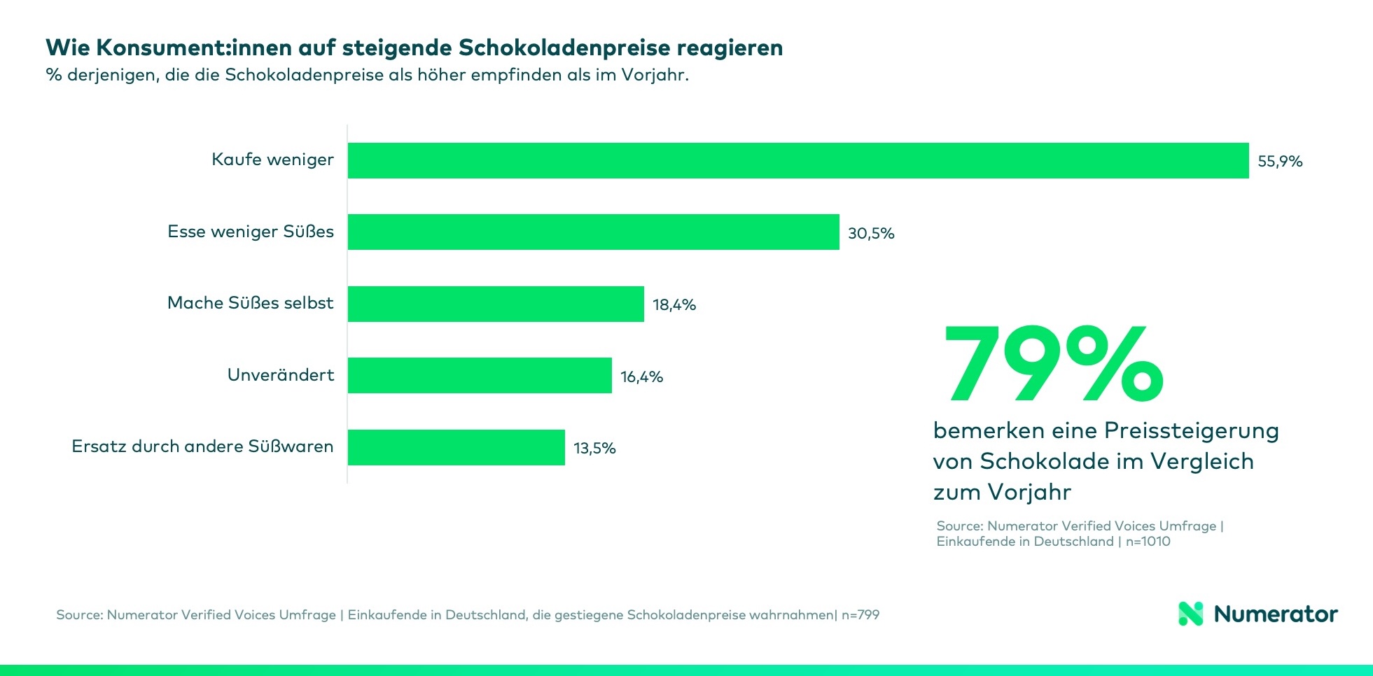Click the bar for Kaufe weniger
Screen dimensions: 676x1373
click(x=798, y=160)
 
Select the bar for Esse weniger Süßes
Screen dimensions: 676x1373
click(x=593, y=232)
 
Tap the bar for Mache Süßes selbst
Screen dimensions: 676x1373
click(x=496, y=304)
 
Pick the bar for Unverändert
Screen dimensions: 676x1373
click(x=480, y=375)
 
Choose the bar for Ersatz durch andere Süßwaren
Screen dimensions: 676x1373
click(x=456, y=447)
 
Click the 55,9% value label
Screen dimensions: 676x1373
click(x=1279, y=162)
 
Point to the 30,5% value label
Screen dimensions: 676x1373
click(x=870, y=234)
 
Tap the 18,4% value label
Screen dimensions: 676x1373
click(x=674, y=305)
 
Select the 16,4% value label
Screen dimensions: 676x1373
click(x=641, y=377)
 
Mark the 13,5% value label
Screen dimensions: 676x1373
click(x=594, y=449)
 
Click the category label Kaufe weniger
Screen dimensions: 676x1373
click(x=272, y=160)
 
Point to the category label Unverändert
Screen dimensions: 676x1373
click(x=280, y=375)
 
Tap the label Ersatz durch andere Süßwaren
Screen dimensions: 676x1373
click(x=202, y=446)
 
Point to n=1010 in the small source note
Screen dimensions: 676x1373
click(x=1148, y=542)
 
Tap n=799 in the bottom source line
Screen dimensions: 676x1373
click(x=860, y=615)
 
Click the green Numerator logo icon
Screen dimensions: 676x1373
click(x=1190, y=614)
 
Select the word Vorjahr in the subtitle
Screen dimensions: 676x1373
click(x=654, y=75)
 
